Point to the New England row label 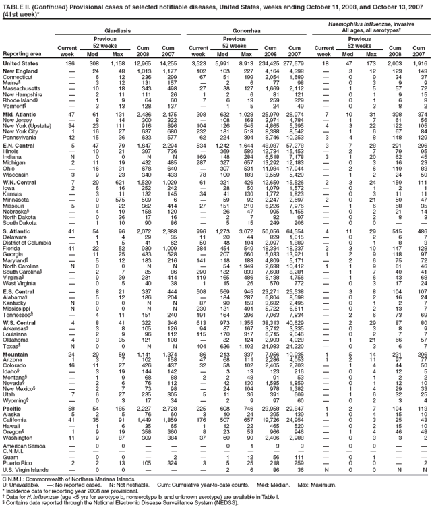[20, 71]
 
